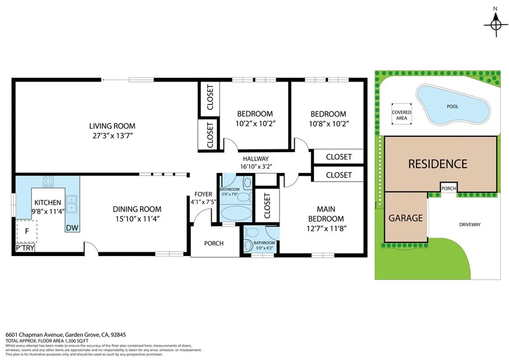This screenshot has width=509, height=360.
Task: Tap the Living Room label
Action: click(112, 126)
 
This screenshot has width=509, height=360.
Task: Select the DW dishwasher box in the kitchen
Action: click(72, 227)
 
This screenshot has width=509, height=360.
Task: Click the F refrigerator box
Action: click(27, 231)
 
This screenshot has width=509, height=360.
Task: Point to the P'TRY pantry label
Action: click(24, 248)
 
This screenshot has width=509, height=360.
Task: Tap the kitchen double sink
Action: click(72, 204)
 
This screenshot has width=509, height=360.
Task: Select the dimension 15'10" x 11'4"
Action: click(137, 218)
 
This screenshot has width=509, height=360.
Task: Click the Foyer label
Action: click(203, 194)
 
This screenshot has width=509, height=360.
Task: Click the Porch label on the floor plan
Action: click(214, 243)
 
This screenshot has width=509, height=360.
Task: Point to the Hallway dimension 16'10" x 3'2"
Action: click(256, 167)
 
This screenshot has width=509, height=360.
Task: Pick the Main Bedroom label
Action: click(326, 214)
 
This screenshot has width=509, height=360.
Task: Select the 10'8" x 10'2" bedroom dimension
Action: click(328, 123)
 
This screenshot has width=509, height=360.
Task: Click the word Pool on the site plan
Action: click(452, 106)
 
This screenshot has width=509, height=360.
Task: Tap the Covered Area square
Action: click(402, 115)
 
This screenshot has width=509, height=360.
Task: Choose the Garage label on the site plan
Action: click(406, 218)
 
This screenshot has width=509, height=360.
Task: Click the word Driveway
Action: click(470, 225)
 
